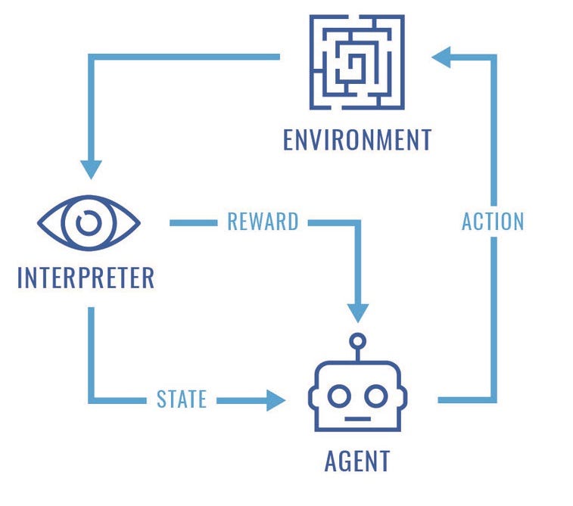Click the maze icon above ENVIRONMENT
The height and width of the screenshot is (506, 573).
pyautogui.click(x=357, y=62)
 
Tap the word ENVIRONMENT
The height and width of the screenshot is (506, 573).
pyautogui.click(x=357, y=140)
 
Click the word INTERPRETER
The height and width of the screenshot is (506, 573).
pyautogui.click(x=86, y=278)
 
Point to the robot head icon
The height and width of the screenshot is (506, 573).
pyautogui.click(x=357, y=395)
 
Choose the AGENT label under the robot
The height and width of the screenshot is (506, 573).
pyautogui.click(x=357, y=460)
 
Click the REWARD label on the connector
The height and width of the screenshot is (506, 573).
pyautogui.click(x=263, y=222)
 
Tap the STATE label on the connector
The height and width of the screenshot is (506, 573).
pyautogui.click(x=182, y=399)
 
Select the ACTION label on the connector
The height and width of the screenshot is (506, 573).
pyautogui.click(x=493, y=221)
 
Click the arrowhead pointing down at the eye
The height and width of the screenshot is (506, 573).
pyautogui.click(x=91, y=168)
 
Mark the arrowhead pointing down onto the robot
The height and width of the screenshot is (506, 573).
pyautogui.click(x=357, y=312)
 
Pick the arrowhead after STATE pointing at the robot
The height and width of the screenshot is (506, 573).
pyautogui.click(x=276, y=399)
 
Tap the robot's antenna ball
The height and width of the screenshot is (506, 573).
pyautogui.click(x=357, y=340)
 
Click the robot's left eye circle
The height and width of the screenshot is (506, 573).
pyautogui.click(x=339, y=395)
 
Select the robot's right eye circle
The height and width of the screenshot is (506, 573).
pyautogui.click(x=376, y=395)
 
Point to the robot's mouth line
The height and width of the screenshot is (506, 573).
pyautogui.click(x=357, y=418)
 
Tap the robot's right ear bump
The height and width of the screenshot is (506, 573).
pyautogui.click(x=404, y=396)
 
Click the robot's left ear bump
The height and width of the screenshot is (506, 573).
pyautogui.click(x=310, y=396)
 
